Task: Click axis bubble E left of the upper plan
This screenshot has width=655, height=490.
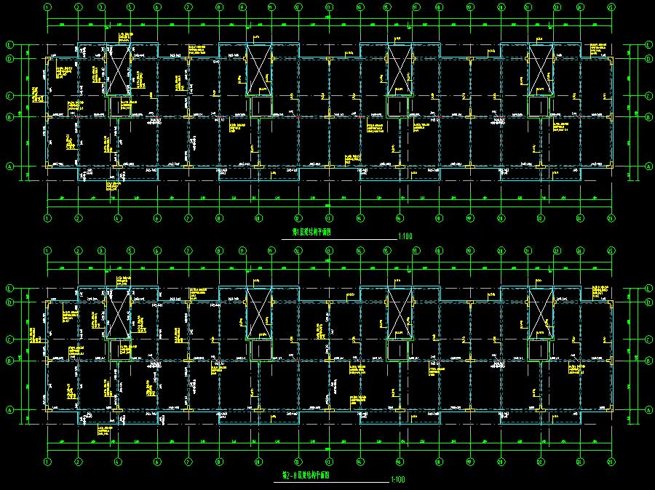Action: (10, 44)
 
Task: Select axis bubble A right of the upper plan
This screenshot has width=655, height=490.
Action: (648, 166)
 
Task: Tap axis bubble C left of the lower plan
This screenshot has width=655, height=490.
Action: (10, 339)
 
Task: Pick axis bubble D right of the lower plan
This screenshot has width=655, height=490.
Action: (648, 302)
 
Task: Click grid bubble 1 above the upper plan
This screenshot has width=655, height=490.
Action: (47, 7)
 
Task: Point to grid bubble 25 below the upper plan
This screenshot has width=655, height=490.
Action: (610, 217)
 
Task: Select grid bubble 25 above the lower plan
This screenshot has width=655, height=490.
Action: (610, 251)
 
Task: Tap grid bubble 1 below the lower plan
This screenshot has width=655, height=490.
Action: (47, 462)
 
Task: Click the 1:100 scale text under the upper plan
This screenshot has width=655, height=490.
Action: (405, 237)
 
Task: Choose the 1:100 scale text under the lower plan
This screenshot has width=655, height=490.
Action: (398, 481)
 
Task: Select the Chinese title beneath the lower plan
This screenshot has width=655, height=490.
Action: (306, 476)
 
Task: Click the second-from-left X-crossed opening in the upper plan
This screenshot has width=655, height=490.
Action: (259, 70)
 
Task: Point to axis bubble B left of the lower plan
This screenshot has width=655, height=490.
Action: (10, 360)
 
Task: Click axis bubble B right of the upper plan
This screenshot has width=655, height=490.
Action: (648, 116)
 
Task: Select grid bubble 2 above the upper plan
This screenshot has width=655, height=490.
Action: (78, 7)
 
